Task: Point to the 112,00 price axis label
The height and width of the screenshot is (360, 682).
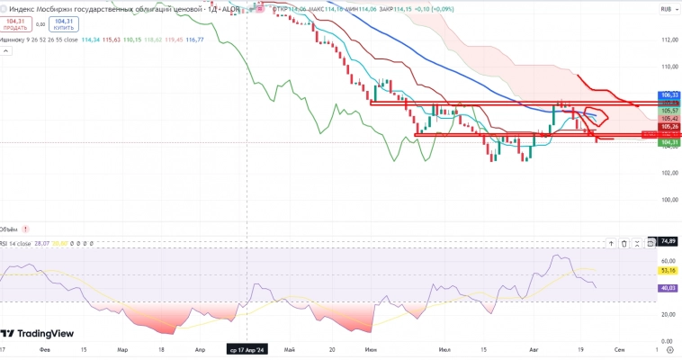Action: click(668, 40)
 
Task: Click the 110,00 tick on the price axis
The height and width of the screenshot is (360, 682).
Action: click(668, 67)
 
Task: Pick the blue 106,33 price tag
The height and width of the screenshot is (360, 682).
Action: click(669, 94)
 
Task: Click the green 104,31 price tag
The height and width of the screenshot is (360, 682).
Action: click(669, 142)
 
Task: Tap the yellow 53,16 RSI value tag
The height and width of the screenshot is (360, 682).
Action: click(668, 269)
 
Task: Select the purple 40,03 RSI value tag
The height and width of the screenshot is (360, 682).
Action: click(668, 288)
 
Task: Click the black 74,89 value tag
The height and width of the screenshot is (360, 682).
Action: click(668, 241)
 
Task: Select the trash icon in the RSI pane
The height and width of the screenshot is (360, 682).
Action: click(638, 242)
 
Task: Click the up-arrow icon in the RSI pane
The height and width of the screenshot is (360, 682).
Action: click(624, 242)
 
